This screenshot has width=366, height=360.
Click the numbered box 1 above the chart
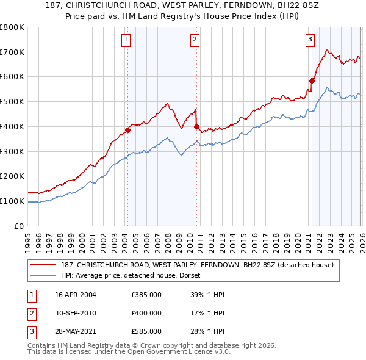click(126, 40)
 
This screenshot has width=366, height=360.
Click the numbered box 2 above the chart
click(195, 40)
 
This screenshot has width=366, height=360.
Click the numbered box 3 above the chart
click(310, 40)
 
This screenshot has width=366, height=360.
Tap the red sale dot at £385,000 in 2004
click(127, 129)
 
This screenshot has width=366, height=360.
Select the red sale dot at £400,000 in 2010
click(196, 126)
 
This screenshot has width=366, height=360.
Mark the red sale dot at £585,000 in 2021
click(312, 80)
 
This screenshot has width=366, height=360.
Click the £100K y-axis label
click(12, 201)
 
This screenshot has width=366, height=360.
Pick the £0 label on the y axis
click(20, 226)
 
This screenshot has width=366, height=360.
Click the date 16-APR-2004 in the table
click(76, 295)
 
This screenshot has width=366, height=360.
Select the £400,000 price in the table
click(146, 313)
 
